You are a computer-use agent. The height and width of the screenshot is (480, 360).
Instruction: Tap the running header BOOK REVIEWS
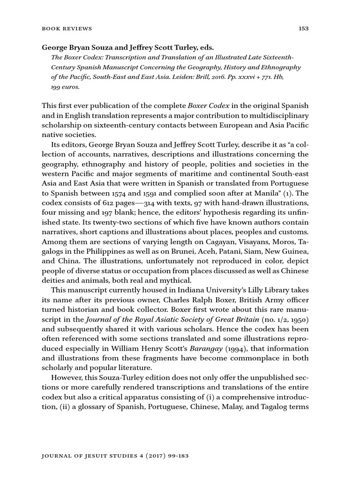67,29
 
